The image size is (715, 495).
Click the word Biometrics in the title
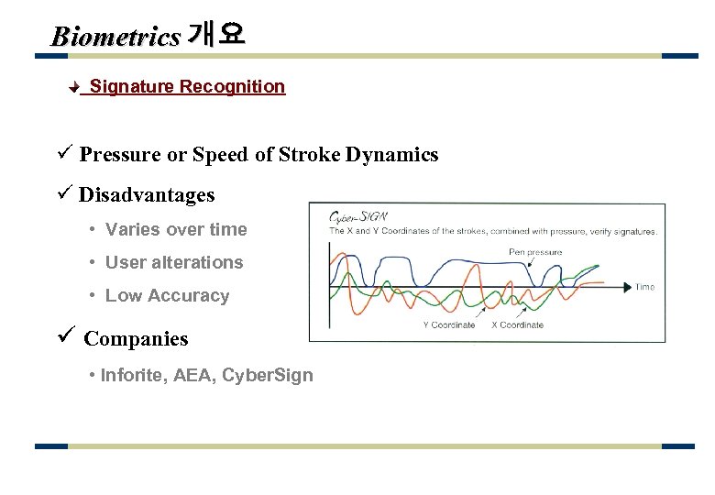[x=115, y=37]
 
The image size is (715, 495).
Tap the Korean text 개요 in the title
[x=215, y=35]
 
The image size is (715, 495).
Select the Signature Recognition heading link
[x=187, y=86]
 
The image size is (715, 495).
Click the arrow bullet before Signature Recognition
[x=76, y=88]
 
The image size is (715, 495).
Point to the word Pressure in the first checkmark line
[x=120, y=155]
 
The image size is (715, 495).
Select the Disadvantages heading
[x=147, y=195]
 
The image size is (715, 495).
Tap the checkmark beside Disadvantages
[x=63, y=194]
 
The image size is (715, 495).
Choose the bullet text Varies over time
[x=176, y=229]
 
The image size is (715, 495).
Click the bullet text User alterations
[x=174, y=262]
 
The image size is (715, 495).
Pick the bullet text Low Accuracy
[x=167, y=295]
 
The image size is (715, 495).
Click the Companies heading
[x=136, y=339]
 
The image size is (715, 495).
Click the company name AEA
[x=193, y=375]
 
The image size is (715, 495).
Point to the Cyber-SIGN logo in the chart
[x=358, y=217]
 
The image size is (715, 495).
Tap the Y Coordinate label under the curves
[x=449, y=324]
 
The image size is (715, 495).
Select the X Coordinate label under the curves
[x=517, y=324]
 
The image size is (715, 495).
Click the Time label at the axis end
[x=645, y=287]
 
